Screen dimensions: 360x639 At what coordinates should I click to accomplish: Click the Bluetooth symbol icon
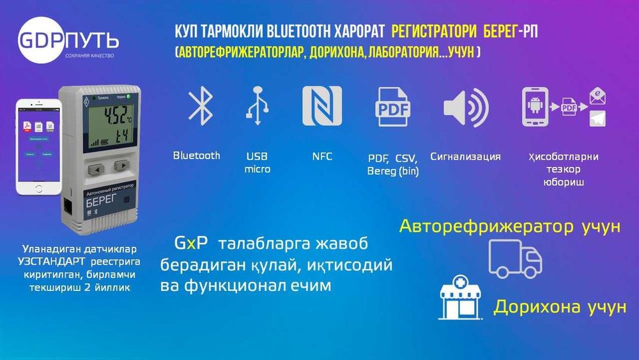[200, 106]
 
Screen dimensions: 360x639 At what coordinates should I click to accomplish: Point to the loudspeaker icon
[465, 107]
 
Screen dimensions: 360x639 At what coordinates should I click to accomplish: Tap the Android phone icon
[536, 107]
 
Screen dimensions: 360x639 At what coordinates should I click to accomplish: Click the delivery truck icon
[514, 258]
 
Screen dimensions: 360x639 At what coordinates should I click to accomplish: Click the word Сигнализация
[465, 156]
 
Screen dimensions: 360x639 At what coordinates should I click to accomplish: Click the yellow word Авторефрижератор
[486, 226]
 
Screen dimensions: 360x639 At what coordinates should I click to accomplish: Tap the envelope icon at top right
[597, 97]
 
